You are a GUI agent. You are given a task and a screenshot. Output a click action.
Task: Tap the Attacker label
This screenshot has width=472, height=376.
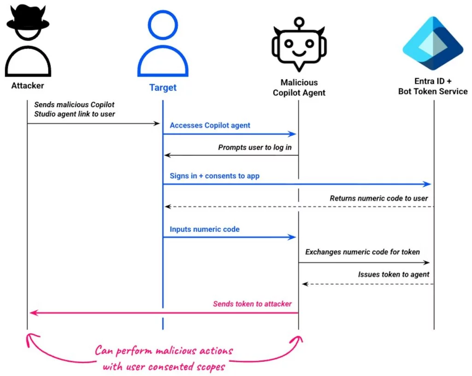click(28, 86)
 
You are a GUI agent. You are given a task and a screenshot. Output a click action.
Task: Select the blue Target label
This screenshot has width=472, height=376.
click(163, 87)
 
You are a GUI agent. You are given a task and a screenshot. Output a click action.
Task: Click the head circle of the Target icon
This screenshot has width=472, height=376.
click(163, 25)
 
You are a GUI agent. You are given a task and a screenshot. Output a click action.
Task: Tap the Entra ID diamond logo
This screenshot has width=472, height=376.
click(433, 43)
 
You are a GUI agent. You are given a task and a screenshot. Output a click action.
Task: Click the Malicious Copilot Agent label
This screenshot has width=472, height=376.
click(299, 87)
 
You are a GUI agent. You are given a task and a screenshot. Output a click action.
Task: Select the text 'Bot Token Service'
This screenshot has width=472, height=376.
click(433, 92)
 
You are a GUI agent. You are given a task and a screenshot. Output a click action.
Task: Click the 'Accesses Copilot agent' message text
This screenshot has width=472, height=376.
click(210, 125)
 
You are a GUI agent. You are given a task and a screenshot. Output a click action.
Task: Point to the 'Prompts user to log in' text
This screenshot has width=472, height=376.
click(254, 147)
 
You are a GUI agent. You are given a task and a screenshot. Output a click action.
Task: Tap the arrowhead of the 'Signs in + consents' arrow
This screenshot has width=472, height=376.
click(427, 184)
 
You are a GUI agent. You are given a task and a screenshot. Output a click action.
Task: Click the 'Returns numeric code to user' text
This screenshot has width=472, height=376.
click(379, 198)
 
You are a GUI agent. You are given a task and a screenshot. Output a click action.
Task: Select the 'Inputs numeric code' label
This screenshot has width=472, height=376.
click(205, 229)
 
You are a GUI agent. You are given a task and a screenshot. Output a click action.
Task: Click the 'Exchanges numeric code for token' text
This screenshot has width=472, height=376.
click(362, 252)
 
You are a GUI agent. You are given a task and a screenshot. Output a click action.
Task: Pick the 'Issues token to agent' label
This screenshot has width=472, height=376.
click(394, 274)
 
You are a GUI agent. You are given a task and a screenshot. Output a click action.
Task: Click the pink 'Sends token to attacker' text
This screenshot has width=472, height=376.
click(252, 304)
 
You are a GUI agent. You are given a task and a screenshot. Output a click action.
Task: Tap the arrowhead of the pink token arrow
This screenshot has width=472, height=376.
click(34, 313)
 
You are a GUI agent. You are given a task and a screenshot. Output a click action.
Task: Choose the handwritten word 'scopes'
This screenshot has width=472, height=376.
click(210, 367)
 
